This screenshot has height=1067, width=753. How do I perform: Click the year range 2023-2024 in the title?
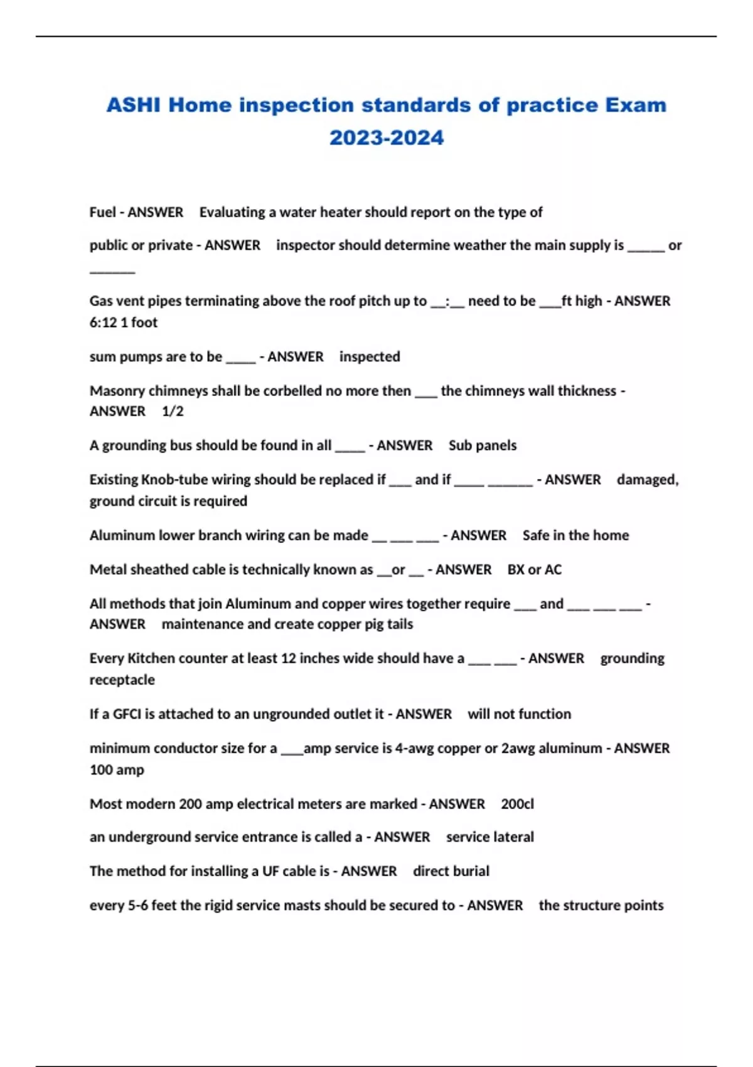(x=387, y=137)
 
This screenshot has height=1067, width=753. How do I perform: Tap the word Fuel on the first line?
(x=102, y=212)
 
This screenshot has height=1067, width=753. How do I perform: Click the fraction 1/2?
(x=173, y=411)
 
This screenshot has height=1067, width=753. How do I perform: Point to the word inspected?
(x=370, y=357)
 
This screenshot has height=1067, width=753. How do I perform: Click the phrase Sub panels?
(x=483, y=445)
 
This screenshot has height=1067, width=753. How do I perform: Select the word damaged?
(x=647, y=480)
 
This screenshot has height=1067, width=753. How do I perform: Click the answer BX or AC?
(x=535, y=569)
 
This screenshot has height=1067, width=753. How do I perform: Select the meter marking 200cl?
(x=518, y=804)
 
